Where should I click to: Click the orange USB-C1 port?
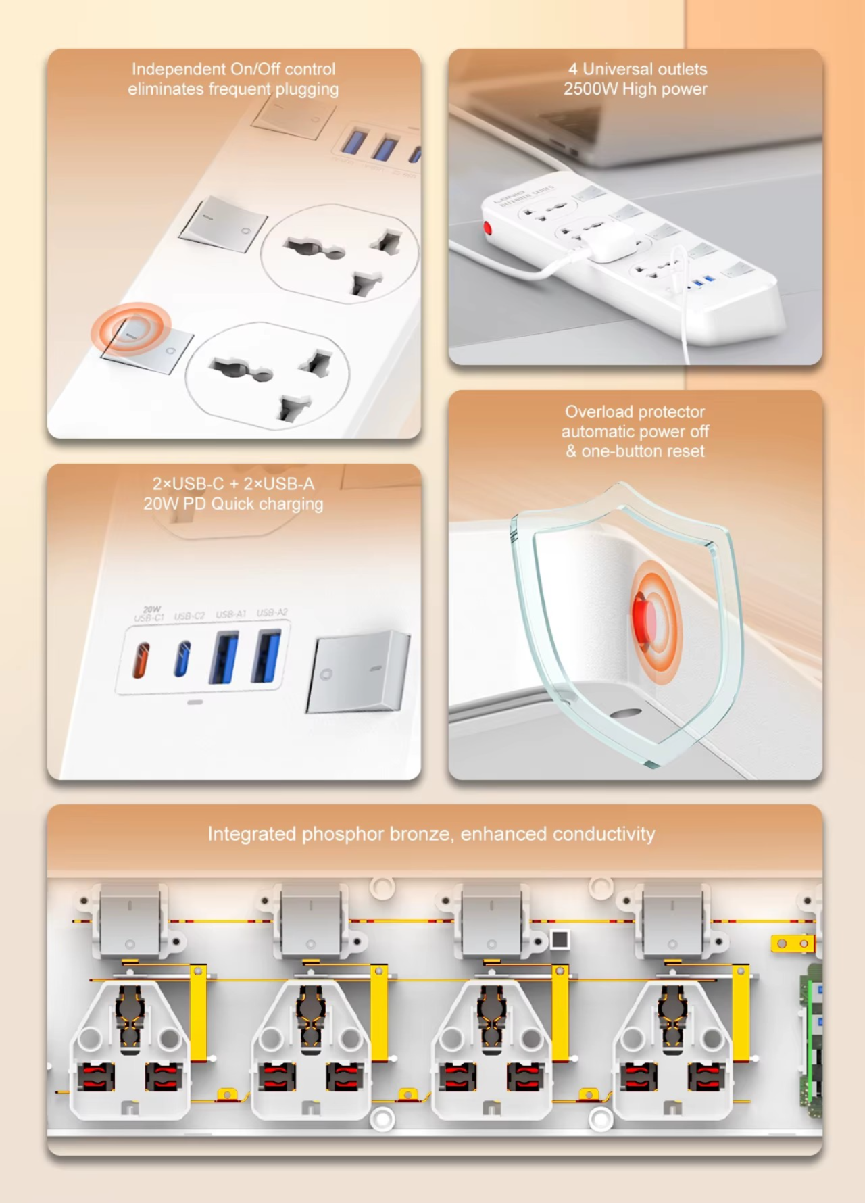[x=141, y=660]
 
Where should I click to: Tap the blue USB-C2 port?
[x=182, y=659]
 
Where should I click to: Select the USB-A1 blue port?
[x=224, y=657]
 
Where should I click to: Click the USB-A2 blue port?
[x=266, y=656]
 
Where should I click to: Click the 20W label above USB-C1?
[x=152, y=609]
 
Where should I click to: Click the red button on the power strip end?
[x=487, y=227]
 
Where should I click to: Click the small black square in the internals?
[x=560, y=939]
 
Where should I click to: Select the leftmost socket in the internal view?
[x=130, y=1048]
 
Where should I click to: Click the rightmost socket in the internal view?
[x=672, y=1048]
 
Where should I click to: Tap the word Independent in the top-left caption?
[x=178, y=69]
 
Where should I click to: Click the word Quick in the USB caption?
[x=232, y=504]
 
